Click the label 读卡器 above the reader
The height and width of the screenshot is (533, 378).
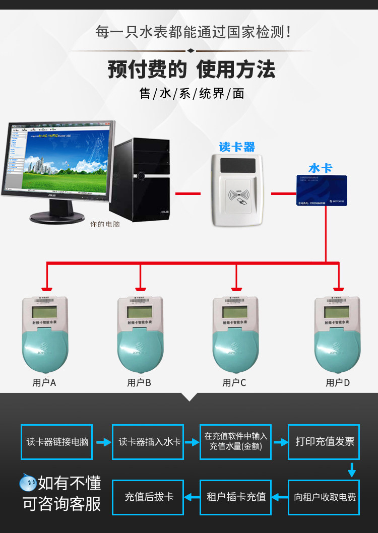pos(237,147)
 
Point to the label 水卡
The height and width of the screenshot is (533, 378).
pos(320,168)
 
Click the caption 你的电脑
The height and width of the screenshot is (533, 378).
pos(105,224)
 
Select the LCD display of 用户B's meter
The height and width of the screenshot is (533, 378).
pos(141,312)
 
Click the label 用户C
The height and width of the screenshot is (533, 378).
pos(234,383)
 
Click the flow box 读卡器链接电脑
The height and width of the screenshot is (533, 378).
pos(57,442)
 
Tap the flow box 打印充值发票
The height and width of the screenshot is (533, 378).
pos(324,442)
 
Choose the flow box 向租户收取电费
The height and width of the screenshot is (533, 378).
pos(324,497)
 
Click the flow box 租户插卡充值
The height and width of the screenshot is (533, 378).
pos(236,497)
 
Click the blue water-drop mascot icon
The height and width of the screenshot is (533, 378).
pos(28,483)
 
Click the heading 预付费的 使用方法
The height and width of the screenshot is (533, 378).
pos(192,70)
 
